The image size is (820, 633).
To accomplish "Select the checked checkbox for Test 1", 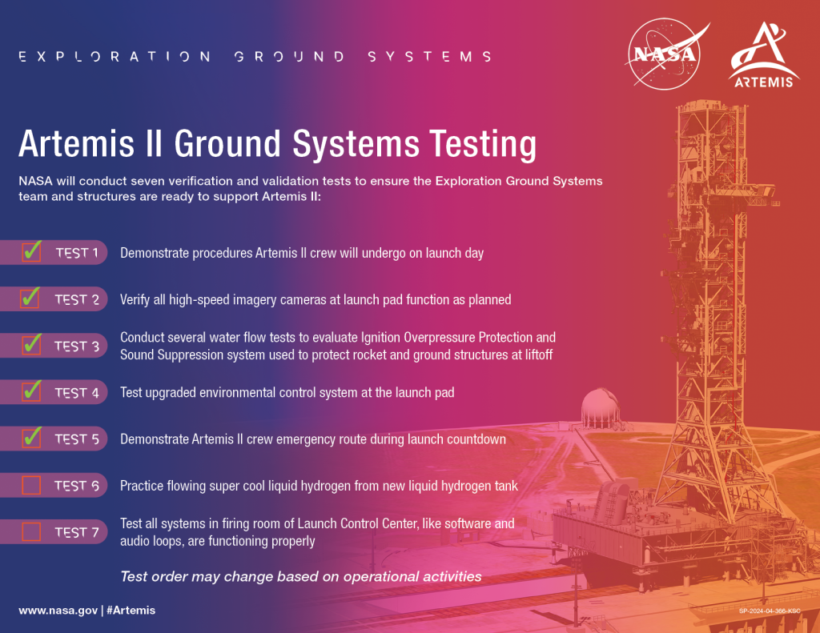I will (x=31, y=252).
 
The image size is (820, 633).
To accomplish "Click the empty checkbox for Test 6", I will (x=31, y=485).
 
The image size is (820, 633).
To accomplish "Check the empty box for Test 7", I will (x=31, y=531).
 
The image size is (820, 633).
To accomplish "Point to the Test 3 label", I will (x=77, y=346).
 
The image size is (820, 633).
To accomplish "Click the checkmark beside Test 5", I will (x=31, y=438).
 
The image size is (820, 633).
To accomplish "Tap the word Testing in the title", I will (x=481, y=144).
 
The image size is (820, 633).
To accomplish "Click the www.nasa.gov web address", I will (x=58, y=610).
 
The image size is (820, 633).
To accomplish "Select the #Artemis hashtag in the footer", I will (x=131, y=610).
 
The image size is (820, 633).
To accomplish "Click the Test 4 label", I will (x=77, y=392).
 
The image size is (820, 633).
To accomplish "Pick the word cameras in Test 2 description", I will (x=307, y=299).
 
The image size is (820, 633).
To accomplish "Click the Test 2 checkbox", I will (x=31, y=298).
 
